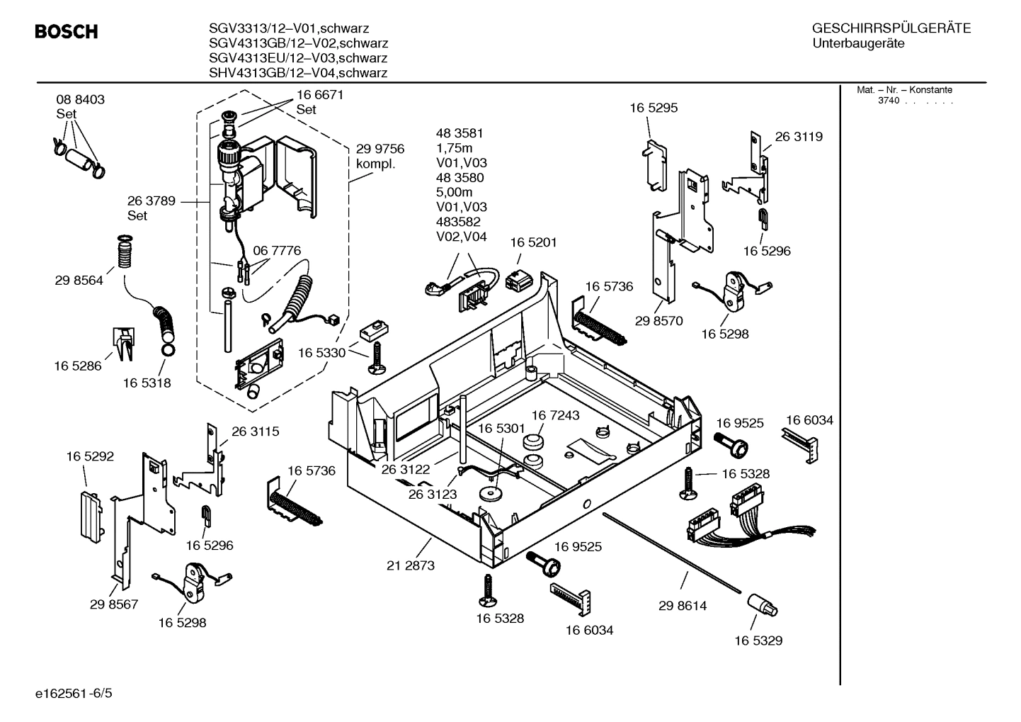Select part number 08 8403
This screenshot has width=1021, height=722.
pos(80,100)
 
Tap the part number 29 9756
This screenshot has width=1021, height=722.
pos(380,149)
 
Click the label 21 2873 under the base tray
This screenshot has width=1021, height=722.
pos(411,565)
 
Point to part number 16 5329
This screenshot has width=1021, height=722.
pos(758,641)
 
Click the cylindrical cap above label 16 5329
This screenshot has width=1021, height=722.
pos(761,607)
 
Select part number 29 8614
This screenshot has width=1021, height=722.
pos(682,606)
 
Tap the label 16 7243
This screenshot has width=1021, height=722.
pos(555,415)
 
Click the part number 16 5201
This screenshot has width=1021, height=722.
pos(533,242)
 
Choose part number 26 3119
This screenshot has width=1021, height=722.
pos(799,137)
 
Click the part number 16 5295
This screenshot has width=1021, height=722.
pos(654,108)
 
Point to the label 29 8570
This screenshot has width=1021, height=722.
pos(658,321)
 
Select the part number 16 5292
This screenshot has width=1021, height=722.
pos(90,457)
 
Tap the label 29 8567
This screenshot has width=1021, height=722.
pos(114,604)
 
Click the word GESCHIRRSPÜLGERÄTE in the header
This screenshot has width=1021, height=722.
pos(891,28)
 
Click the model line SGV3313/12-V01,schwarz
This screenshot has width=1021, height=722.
pos(288,28)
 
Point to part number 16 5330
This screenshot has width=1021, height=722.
pos(321,353)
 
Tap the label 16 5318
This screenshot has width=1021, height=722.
pos(147,383)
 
